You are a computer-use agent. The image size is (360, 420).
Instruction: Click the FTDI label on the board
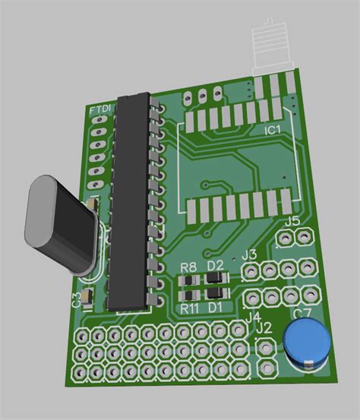tap(100, 111)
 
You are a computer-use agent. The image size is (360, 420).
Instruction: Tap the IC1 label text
tap(273, 131)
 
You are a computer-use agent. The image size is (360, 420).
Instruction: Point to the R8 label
tap(190, 267)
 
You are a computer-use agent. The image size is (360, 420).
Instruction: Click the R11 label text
tap(189, 308)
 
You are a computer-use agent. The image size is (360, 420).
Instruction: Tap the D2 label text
tap(216, 265)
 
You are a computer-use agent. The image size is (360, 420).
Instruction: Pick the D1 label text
tap(216, 307)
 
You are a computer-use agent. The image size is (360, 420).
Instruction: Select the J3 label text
tap(249, 254)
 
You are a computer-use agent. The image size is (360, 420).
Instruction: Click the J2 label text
tap(264, 327)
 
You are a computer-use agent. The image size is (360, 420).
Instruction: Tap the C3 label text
tap(75, 299)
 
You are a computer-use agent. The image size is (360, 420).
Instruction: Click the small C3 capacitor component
tap(89, 295)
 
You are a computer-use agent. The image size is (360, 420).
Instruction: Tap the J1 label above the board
tap(268, 22)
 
